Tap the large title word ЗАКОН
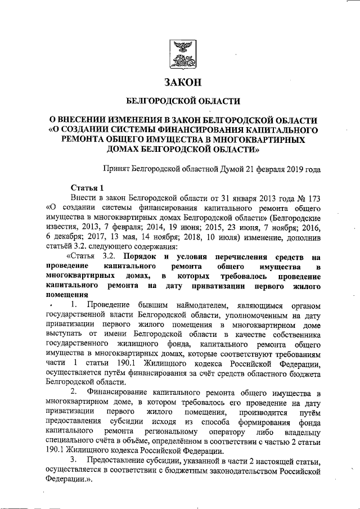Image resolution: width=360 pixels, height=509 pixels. click(182, 83)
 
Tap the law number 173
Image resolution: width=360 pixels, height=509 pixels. click(313, 198)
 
